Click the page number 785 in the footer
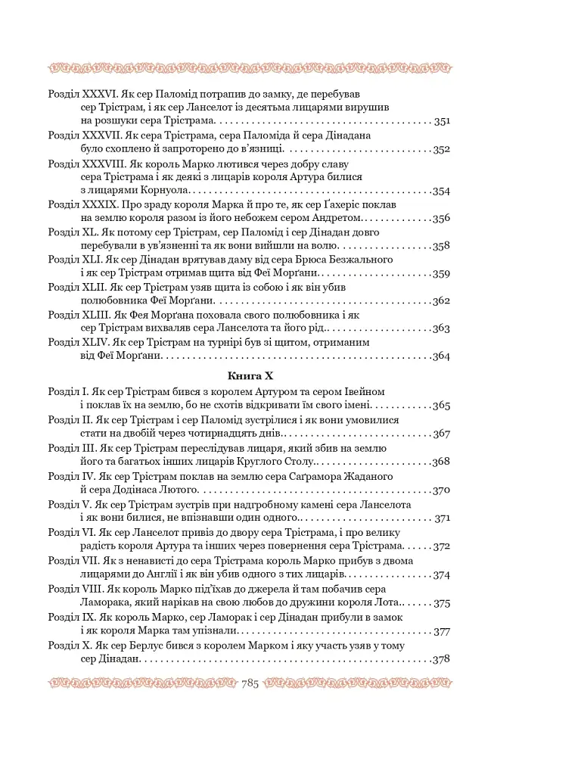(250, 684)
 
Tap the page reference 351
(442, 121)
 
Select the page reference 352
(442, 149)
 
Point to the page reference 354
(442, 191)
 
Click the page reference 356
(442, 218)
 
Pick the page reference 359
(442, 273)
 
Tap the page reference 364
(442, 356)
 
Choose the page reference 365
(442, 406)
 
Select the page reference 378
(442, 659)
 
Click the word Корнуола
(164, 191)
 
